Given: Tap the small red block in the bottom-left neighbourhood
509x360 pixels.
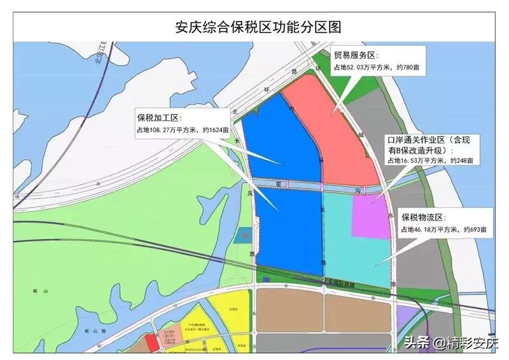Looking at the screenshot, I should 151,342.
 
